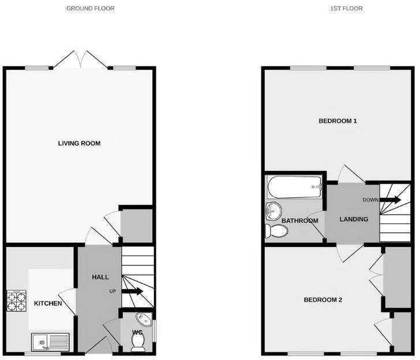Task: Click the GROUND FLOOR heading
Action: point(90,9)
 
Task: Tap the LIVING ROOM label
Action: point(79,143)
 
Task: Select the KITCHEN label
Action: point(48,303)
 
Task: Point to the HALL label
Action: point(100,277)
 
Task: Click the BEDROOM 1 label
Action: point(338,121)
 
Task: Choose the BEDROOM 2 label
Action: point(323,300)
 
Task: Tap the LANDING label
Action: point(354,219)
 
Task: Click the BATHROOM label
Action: point(297,221)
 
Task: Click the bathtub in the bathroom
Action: point(295,186)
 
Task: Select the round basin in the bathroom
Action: point(273,212)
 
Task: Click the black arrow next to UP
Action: point(132,291)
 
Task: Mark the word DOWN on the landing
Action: point(370,200)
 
